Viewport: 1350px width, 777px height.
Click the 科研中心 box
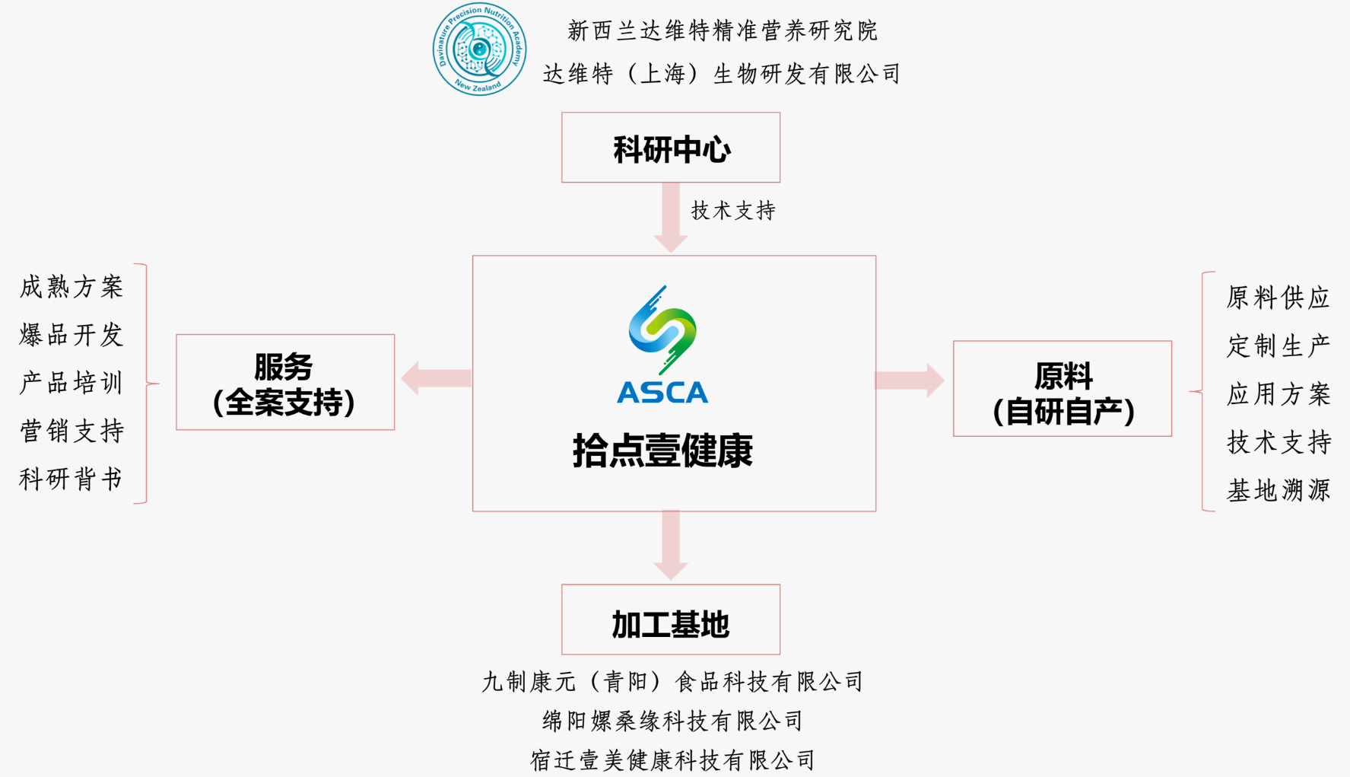pyautogui.click(x=670, y=148)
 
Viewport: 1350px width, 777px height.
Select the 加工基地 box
pyautogui.click(x=670, y=619)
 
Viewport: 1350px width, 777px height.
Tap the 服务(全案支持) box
pyautogui.click(x=285, y=382)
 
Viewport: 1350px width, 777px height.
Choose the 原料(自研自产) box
pyautogui.click(x=1062, y=389)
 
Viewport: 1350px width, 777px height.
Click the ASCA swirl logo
pyautogui.click(x=662, y=331)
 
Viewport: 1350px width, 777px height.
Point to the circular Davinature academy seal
pyautogui.click(x=479, y=49)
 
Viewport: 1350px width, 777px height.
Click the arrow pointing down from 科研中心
pyautogui.click(x=670, y=218)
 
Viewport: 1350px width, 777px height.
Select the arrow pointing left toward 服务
pyautogui.click(x=436, y=378)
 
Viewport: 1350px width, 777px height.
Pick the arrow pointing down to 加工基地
pyautogui.click(x=670, y=545)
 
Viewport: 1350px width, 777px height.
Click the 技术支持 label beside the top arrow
pyautogui.click(x=732, y=211)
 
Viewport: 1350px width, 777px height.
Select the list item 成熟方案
pyautogui.click(x=71, y=287)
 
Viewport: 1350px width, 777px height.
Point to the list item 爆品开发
pyautogui.click(x=71, y=335)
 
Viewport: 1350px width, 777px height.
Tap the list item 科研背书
pyautogui.click(x=71, y=479)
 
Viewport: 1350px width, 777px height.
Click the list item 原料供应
pyautogui.click(x=1278, y=298)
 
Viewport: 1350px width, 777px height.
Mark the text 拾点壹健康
pyautogui.click(x=662, y=451)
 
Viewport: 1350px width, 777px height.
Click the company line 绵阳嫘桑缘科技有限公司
pyautogui.click(x=672, y=721)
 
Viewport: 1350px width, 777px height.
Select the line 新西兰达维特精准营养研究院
pyautogui.click(x=722, y=31)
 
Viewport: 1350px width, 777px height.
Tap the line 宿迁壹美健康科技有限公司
pyautogui.click(x=672, y=760)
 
